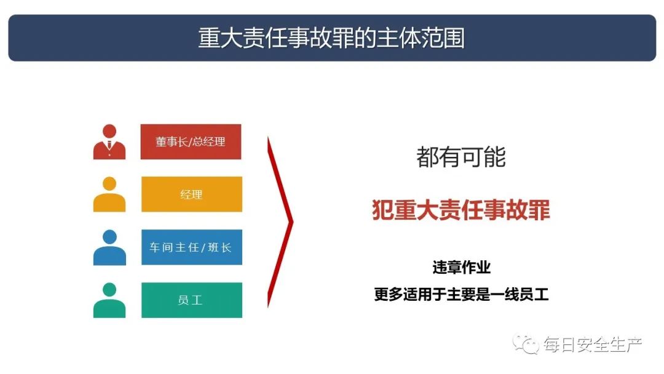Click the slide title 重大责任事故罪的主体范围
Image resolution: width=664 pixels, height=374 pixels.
click(x=331, y=38)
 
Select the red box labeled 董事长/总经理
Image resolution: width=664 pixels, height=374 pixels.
click(x=191, y=142)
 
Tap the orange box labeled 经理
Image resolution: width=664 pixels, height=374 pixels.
click(x=192, y=194)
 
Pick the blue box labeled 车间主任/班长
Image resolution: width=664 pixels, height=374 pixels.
click(x=192, y=247)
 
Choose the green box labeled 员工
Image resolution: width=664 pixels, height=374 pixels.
click(x=192, y=300)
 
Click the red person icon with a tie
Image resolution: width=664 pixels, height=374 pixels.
click(x=109, y=142)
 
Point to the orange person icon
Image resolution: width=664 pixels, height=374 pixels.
click(x=109, y=194)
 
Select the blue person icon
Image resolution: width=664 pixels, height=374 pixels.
click(x=109, y=247)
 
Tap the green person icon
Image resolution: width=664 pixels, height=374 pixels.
click(x=109, y=300)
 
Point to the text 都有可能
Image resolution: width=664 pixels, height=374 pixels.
click(x=460, y=157)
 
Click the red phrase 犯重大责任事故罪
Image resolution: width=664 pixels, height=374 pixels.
click(x=460, y=210)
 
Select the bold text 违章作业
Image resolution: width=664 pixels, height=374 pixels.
click(x=461, y=267)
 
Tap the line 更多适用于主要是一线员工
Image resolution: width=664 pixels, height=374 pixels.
click(x=461, y=295)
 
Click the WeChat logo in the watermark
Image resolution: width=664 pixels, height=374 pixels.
click(x=525, y=344)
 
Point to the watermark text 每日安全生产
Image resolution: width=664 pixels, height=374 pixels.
click(x=593, y=344)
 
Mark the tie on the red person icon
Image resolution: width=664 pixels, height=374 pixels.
click(x=109, y=145)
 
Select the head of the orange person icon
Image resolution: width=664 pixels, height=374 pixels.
click(x=109, y=183)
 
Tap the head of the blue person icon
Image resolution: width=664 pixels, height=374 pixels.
click(x=109, y=236)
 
